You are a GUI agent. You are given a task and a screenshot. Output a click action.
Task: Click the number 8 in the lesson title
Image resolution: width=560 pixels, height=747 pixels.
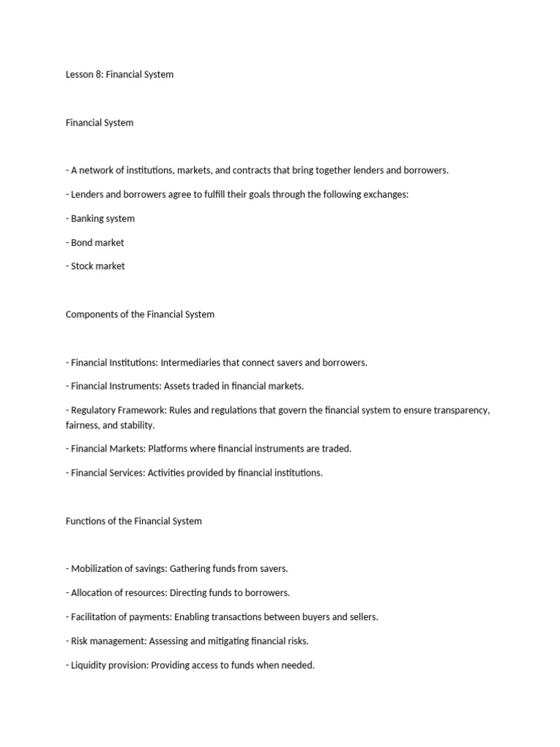point(98,74)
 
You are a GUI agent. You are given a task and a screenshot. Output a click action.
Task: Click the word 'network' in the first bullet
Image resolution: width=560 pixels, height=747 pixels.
point(98,170)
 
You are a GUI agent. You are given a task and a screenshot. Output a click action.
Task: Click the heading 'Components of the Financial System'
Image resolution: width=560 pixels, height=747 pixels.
point(140,314)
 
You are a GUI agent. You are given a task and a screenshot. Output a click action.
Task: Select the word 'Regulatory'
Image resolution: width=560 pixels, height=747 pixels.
point(95,410)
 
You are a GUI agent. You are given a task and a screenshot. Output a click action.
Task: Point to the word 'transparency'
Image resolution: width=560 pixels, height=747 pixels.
point(459,410)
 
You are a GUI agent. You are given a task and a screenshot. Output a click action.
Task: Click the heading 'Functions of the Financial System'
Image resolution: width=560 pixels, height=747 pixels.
point(133,521)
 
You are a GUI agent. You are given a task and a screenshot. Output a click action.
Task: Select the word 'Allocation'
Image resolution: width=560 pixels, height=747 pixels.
point(95,593)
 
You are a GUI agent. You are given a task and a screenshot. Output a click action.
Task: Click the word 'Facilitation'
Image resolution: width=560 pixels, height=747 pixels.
point(98,617)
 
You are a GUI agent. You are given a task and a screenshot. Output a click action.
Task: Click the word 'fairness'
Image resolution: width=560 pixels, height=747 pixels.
point(84,425)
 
